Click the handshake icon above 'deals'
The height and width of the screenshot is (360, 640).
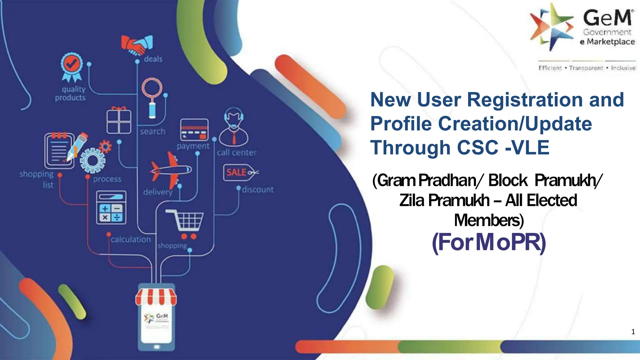[x=137, y=45]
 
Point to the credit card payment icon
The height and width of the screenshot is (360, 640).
[x=194, y=130]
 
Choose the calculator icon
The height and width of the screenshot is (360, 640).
[x=111, y=207]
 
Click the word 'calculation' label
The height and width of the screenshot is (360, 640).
[x=131, y=239]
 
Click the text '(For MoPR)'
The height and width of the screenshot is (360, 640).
[x=489, y=242]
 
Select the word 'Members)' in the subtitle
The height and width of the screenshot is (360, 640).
[x=489, y=220]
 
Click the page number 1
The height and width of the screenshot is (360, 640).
[x=633, y=332]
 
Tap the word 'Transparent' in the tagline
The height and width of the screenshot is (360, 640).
[x=586, y=68]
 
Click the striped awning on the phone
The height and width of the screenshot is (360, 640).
[x=156, y=297]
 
